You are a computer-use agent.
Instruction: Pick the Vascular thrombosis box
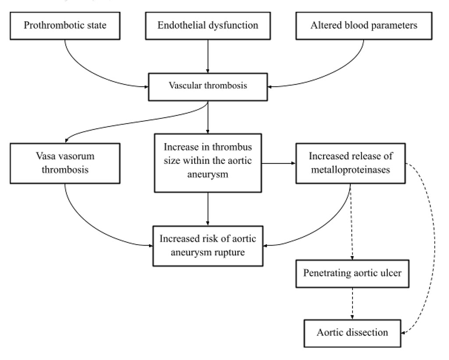pos(208,86)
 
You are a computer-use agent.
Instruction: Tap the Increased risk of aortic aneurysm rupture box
pos(208,246)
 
